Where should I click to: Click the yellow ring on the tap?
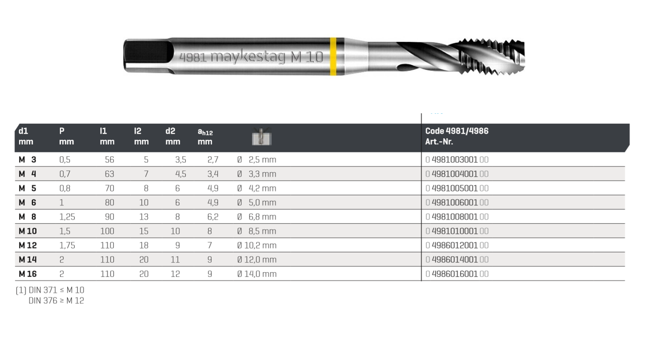click(x=333, y=57)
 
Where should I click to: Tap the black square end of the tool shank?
click(x=148, y=52)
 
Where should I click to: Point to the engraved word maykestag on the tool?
click(x=248, y=57)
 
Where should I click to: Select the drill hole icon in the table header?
click(x=262, y=137)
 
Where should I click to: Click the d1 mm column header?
click(x=26, y=136)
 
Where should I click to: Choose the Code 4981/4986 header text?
click(x=456, y=131)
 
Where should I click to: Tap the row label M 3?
click(x=28, y=160)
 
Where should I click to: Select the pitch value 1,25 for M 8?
click(x=67, y=217)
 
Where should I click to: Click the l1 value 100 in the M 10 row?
click(x=107, y=231)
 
